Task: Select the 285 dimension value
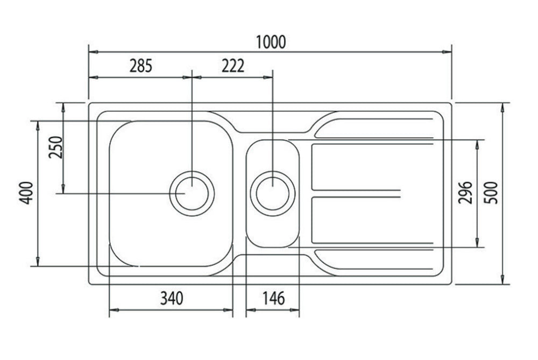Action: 141,66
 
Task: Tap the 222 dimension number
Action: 232,66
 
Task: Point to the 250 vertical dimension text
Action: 56,147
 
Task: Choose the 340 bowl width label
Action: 172,298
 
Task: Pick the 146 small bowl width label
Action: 273,298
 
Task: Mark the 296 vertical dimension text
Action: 466,193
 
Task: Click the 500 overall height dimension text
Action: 491,193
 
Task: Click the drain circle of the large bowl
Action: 192,193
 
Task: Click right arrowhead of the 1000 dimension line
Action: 447,52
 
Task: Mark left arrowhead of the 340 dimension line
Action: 113,310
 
